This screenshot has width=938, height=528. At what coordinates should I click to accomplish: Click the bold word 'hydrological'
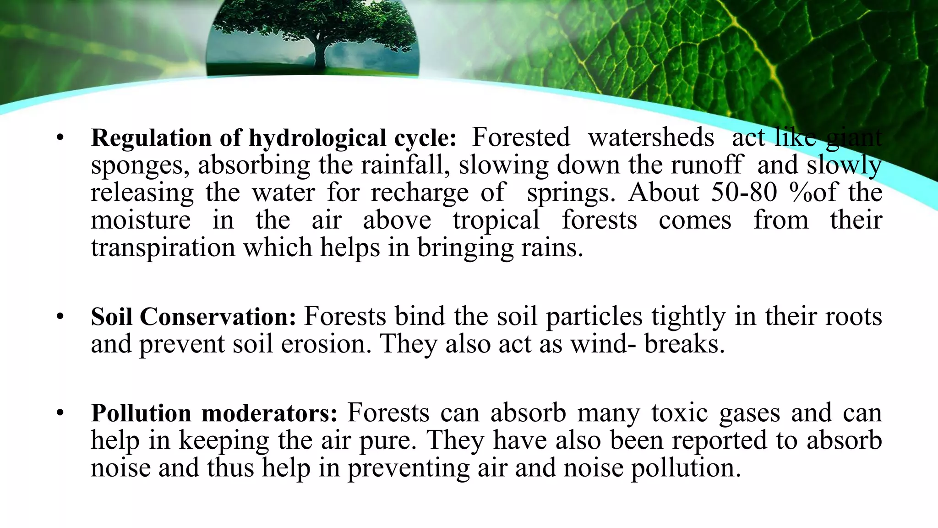(317, 138)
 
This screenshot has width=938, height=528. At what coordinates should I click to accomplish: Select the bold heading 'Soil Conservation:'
(194, 317)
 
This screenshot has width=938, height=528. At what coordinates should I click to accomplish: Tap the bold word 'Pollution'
(141, 413)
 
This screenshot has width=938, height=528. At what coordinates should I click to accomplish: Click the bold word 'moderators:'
(269, 413)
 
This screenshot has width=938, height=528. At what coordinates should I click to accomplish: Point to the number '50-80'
(744, 192)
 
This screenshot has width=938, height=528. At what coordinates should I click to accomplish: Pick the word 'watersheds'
(651, 137)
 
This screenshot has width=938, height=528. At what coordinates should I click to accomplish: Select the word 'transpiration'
(163, 248)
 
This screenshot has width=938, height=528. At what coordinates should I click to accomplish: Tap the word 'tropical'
(496, 220)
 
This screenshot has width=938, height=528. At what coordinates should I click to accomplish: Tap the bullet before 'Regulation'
(60, 137)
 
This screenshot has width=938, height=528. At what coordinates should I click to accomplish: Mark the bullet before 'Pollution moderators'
(60, 412)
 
